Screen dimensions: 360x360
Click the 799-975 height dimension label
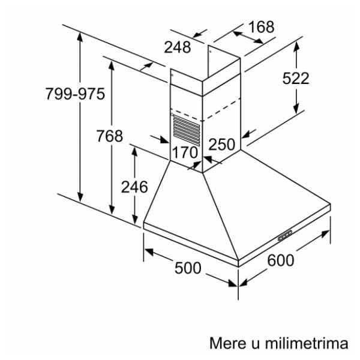75,94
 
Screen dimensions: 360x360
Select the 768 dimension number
110,136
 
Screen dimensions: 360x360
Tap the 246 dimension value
134,187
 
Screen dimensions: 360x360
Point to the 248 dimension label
178,47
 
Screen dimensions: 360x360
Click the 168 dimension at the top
261,27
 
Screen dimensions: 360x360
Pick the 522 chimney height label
296,78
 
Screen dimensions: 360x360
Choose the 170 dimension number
185,152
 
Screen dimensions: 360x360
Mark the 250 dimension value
222,144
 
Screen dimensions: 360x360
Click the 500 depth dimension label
188,268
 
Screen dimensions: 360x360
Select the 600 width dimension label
281,260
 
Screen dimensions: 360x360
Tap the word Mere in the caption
227,343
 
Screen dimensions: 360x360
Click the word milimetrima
307,343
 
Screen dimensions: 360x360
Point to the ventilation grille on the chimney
187,130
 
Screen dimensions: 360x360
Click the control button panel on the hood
285,235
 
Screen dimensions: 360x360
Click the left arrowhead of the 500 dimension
149,252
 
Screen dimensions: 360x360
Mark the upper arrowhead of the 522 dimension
296,47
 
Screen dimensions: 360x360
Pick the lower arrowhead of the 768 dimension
112,210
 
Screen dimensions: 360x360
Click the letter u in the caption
254,345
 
